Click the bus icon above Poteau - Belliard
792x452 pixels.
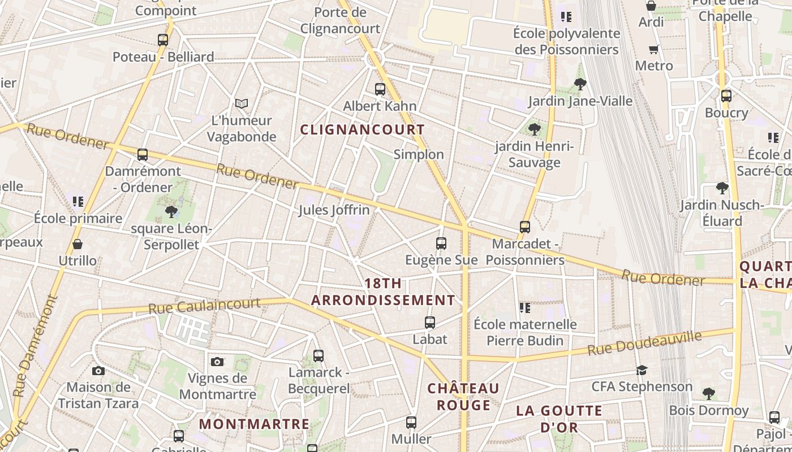click(x=163, y=40)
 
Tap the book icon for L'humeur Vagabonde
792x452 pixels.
click(x=242, y=103)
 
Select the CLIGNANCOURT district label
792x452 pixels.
click(x=362, y=129)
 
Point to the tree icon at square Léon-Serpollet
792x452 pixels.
click(x=171, y=212)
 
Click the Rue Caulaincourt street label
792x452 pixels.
click(x=204, y=306)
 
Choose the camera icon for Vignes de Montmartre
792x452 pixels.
click(x=217, y=362)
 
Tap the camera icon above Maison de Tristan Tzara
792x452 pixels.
click(x=98, y=371)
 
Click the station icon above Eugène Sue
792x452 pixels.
click(x=441, y=244)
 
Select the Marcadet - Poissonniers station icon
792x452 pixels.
click(x=525, y=227)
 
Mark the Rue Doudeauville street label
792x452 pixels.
click(x=644, y=343)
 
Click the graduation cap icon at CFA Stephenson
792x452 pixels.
click(x=642, y=370)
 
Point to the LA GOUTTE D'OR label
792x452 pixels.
click(x=559, y=419)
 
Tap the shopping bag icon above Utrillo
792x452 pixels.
click(x=78, y=244)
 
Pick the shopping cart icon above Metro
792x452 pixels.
click(x=654, y=49)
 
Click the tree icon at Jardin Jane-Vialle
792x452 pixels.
click(x=580, y=84)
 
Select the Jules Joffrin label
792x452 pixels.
click(x=334, y=210)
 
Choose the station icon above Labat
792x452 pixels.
click(x=430, y=323)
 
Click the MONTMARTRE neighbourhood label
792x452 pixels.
click(x=254, y=424)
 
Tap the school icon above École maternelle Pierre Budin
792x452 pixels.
click(x=525, y=308)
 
